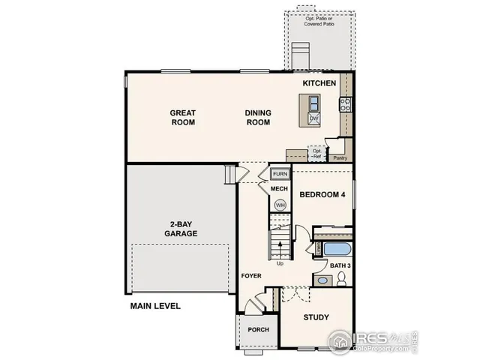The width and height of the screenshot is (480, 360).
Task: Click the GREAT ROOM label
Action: tap(183, 118)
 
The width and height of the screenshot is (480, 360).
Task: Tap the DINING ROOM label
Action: tap(258, 118)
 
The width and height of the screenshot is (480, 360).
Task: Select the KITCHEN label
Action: tap(319, 82)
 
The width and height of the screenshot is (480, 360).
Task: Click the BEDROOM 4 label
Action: tap(322, 195)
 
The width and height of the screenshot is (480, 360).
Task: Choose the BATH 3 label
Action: tap(341, 265)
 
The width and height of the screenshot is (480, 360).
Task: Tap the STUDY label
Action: tap(316, 317)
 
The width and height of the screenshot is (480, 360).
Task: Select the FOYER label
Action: tap(250, 276)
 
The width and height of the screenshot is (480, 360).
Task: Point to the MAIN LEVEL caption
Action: tap(155, 306)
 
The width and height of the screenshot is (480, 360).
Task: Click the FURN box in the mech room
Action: tap(280, 174)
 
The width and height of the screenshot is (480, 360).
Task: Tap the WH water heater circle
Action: tap(280, 204)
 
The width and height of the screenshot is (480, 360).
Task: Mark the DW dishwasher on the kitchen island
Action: tap(314, 118)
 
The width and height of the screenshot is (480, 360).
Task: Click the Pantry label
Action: tap(339, 158)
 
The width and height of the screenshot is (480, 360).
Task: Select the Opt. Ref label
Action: tap(317, 153)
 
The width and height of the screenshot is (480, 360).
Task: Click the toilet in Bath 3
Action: tap(341, 279)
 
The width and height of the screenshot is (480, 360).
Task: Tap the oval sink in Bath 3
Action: tap(322, 280)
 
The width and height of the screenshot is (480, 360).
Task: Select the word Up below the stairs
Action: tap(280, 263)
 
